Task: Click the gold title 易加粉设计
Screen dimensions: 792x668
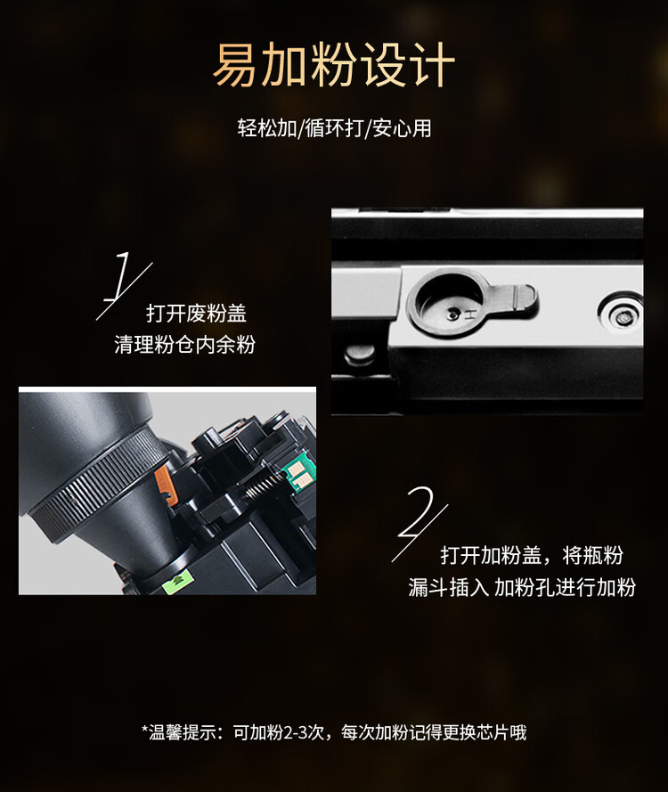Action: point(334,64)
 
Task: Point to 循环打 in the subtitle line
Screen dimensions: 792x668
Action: point(333,128)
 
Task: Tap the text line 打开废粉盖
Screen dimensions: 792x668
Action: point(196,314)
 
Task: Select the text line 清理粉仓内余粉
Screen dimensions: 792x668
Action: point(184,345)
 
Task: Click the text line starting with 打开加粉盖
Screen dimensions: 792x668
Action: point(531,556)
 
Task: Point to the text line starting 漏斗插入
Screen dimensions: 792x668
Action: point(522,588)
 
